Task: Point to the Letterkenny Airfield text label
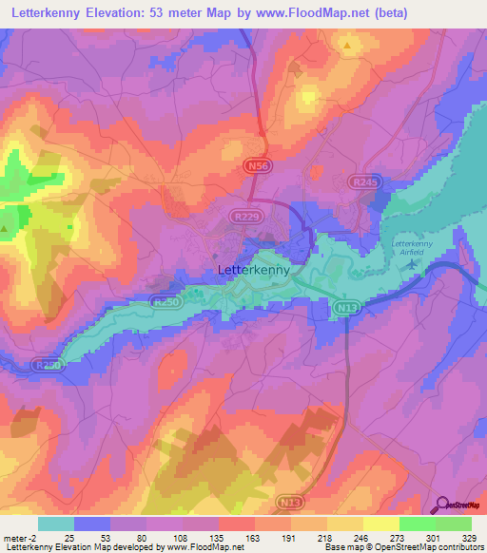(412, 248)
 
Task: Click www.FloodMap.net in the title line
(358, 12)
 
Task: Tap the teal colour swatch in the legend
(56, 524)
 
